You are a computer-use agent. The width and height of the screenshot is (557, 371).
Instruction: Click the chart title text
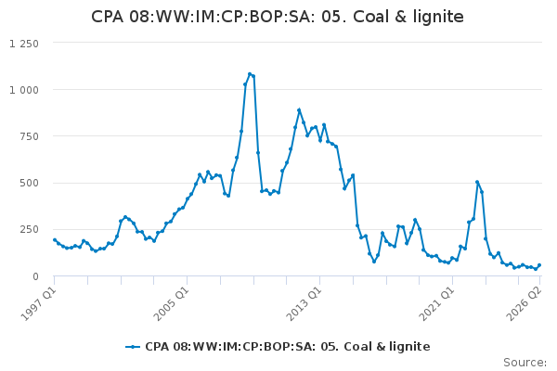pos(278,17)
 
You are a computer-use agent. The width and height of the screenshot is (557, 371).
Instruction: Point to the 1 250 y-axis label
pos(24,44)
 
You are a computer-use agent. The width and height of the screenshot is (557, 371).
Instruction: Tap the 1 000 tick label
pos(24,90)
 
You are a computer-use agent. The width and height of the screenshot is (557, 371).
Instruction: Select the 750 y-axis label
pos(29,136)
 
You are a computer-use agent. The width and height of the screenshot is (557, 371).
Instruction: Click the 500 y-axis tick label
pos(29,184)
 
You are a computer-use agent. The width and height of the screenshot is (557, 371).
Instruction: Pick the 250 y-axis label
pos(29,230)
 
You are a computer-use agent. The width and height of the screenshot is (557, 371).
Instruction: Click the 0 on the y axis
pos(35,276)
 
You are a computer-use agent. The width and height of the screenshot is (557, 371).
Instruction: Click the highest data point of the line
pos(250,74)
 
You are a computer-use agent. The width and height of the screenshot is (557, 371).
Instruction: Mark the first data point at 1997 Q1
pos(55,240)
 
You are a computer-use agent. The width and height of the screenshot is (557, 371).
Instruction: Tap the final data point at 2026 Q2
pos(539,265)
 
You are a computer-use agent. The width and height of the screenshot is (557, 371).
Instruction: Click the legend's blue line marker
pos(133,347)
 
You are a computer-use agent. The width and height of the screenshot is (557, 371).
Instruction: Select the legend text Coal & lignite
pos(387,347)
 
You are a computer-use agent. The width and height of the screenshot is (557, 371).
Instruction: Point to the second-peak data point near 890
pos(299,110)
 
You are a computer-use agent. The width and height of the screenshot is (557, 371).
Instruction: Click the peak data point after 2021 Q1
pos(477,182)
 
